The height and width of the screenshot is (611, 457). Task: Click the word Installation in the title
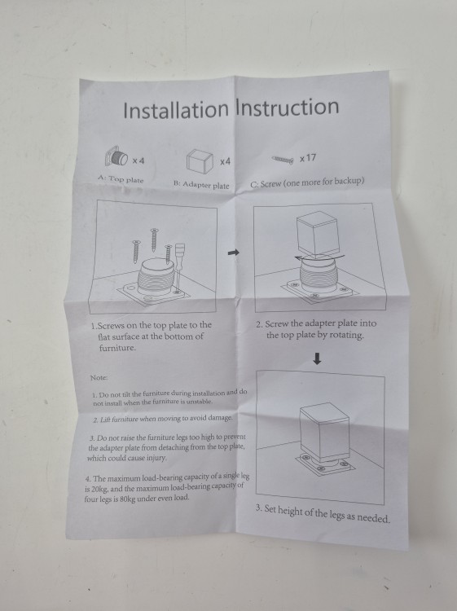tap(176, 109)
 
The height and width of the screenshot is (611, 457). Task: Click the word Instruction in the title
tap(287, 107)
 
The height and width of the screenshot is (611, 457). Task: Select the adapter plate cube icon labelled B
tap(200, 160)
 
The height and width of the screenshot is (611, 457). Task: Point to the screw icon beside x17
tap(283, 160)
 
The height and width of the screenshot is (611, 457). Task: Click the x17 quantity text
tap(308, 158)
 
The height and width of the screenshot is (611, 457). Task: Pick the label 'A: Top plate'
tap(121, 179)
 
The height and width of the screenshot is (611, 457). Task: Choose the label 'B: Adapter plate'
tap(201, 185)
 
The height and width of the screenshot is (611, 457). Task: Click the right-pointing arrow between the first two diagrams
tap(233, 253)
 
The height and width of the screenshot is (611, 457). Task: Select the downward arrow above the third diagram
tap(317, 359)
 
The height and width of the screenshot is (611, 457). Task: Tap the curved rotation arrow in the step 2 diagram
tap(319, 257)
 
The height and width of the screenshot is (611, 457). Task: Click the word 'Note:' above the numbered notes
tap(99, 377)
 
